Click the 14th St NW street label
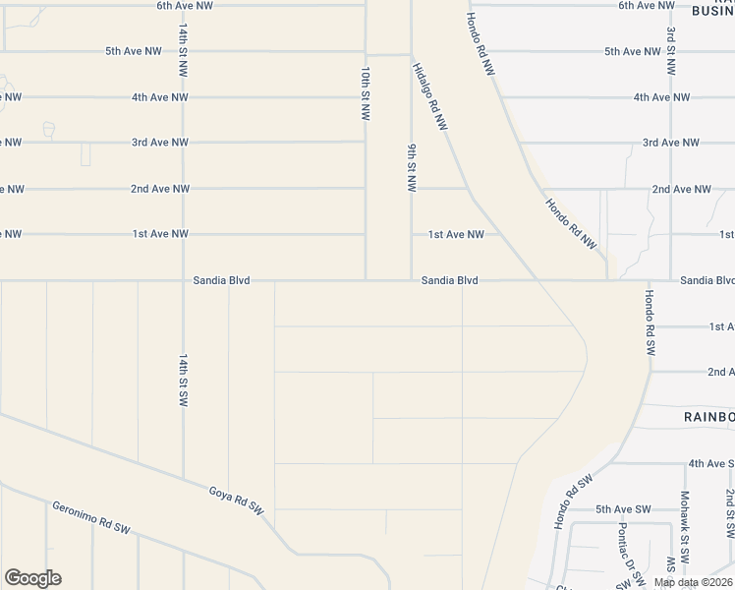[183, 50]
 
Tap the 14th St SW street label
[183, 381]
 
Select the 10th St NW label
[366, 93]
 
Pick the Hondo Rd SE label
[649, 324]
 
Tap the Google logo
[32, 578]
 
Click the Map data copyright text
[694, 582]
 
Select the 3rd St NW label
[670, 51]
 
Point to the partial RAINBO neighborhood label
[708, 417]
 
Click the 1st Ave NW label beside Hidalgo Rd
[456, 234]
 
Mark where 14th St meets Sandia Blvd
[183, 280]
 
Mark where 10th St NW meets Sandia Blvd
[367, 280]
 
